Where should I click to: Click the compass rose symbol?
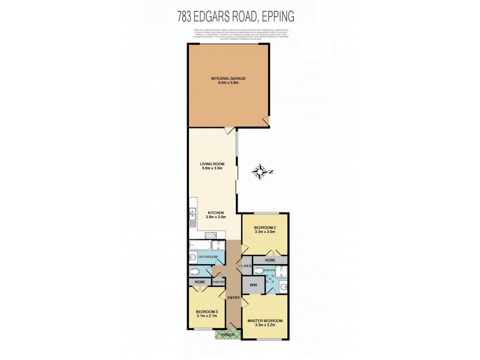coord(262,172)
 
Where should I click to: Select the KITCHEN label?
coord(216,214)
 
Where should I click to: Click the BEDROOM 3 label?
coord(206,311)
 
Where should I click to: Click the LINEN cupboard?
coord(246,265)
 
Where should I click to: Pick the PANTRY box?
coord(217,282)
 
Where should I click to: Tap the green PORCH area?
coord(227,335)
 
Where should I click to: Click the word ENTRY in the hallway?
coord(233,298)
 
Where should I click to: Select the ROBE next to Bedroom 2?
coord(269,260)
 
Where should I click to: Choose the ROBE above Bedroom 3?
coord(200,281)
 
